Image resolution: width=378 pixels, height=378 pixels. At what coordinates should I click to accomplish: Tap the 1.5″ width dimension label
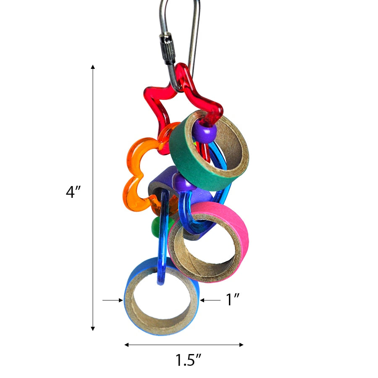point(188,360)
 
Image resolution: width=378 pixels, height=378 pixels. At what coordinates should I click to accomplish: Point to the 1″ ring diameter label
point(233,300)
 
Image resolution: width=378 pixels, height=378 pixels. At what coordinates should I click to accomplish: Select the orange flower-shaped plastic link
point(134,176)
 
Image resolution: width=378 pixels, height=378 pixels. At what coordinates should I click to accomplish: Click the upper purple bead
point(204,134)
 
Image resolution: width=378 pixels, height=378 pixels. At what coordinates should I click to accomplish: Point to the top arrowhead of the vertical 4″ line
point(93,67)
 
